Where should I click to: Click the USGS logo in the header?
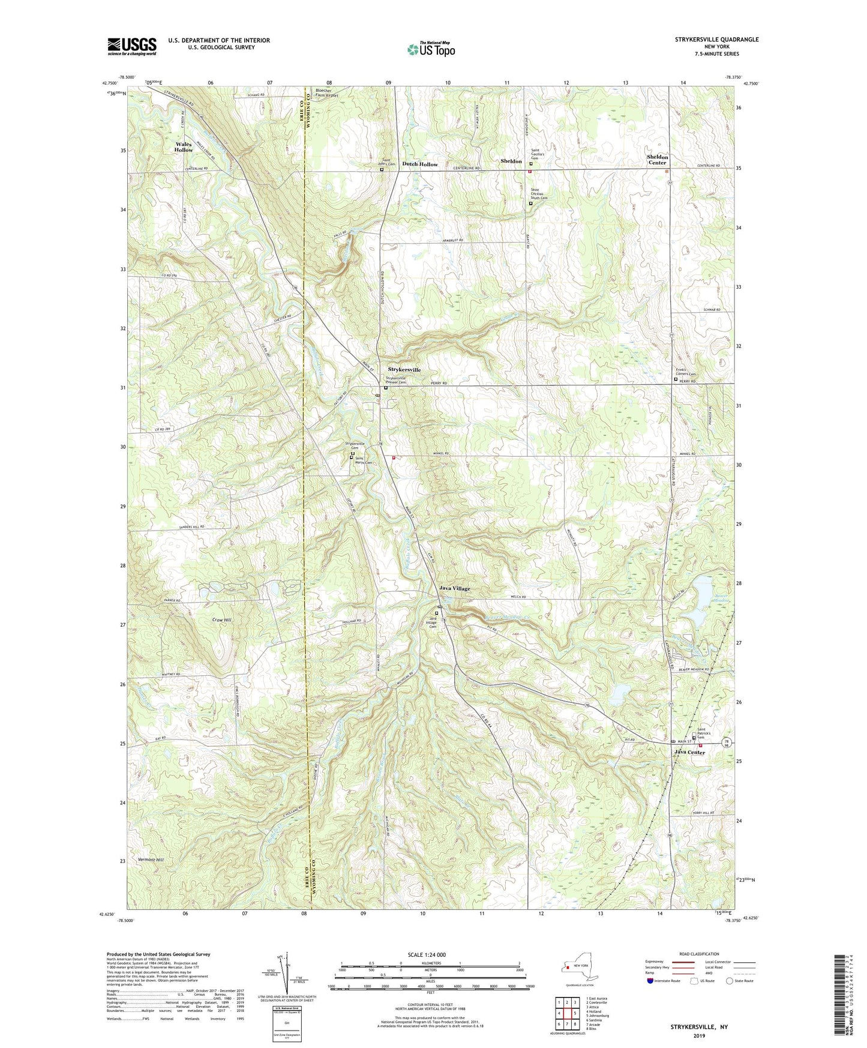click(132, 46)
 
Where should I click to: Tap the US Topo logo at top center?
click(431, 49)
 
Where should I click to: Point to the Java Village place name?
click(454, 589)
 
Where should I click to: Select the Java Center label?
click(689, 752)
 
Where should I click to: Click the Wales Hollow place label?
click(184, 147)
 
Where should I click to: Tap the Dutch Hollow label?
click(419, 164)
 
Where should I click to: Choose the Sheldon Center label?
click(657, 160)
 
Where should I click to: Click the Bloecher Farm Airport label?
click(327, 93)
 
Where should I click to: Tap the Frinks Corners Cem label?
click(686, 372)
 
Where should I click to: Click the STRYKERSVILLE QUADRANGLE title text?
click(708, 40)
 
